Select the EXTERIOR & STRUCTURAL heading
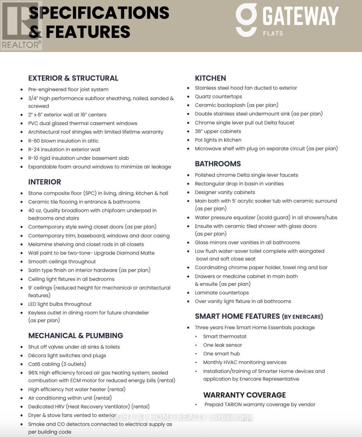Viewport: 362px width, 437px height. click(x=73, y=78)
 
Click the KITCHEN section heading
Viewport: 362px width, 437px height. click(x=210, y=78)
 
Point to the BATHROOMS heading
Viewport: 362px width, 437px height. click(x=218, y=164)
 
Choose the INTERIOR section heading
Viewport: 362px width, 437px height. click(x=44, y=182)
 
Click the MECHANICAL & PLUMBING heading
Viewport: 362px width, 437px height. click(x=76, y=336)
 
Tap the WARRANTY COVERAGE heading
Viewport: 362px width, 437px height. click(x=244, y=395)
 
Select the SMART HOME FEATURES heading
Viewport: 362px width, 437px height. click(x=259, y=316)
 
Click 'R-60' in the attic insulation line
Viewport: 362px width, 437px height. click(x=34, y=141)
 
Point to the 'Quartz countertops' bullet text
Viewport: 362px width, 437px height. click(x=218, y=97)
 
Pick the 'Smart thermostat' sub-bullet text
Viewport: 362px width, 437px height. click(x=224, y=336)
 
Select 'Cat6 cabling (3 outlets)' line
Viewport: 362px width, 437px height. click(x=57, y=364)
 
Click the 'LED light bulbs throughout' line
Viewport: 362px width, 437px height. click(x=60, y=304)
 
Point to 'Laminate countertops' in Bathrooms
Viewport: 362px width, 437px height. click(x=222, y=293)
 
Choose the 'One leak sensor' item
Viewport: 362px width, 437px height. click(x=222, y=345)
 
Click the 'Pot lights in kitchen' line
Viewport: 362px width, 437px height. click(x=218, y=140)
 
